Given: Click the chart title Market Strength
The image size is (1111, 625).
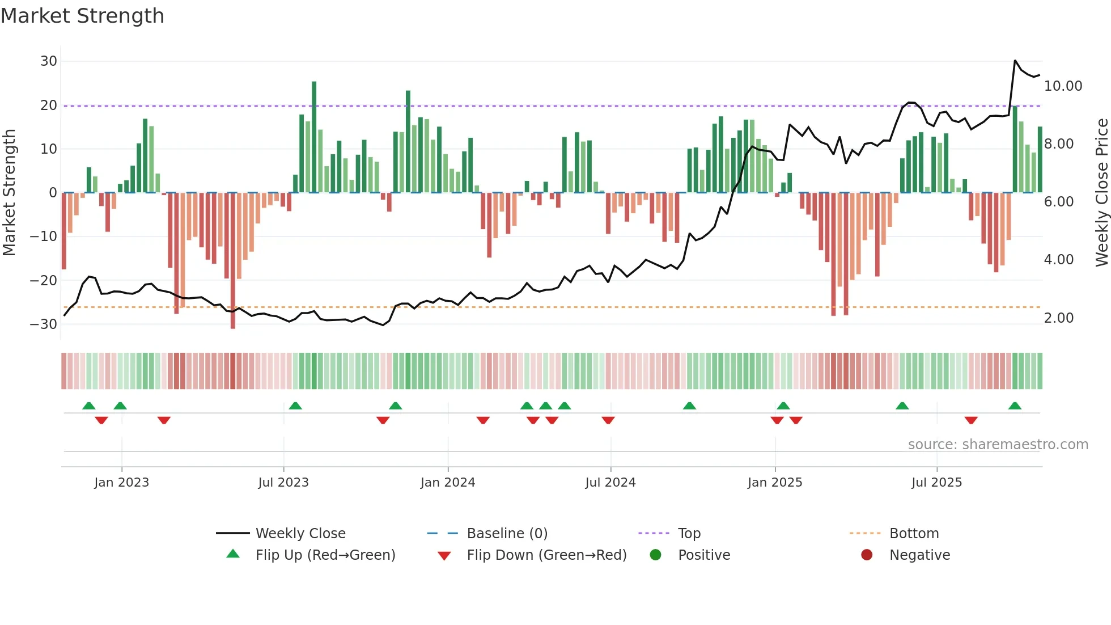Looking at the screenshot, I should [83, 16].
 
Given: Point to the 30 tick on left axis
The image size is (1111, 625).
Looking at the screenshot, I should [49, 61].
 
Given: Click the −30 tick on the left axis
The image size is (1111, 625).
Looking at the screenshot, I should [44, 324].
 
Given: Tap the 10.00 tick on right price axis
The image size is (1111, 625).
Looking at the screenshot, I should [1063, 86].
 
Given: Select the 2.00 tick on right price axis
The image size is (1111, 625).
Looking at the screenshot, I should [1058, 318].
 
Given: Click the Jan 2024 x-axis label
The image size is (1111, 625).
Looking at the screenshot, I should [447, 483].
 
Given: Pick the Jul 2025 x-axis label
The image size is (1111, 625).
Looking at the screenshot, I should [936, 483].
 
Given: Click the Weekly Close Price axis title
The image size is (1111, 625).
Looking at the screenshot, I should [1101, 193].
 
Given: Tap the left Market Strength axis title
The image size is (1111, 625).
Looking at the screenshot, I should [10, 193].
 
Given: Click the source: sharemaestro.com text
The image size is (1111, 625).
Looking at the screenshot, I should [998, 445].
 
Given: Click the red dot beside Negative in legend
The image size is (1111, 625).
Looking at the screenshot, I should [867, 555].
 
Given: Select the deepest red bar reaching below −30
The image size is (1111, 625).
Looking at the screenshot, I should [233, 261].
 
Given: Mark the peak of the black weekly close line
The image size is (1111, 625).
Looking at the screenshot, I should [1015, 61].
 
